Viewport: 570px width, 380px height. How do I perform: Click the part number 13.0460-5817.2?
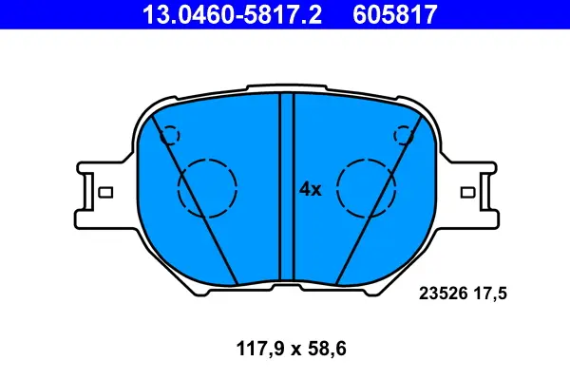click(232, 14)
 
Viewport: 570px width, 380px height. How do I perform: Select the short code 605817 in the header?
click(395, 14)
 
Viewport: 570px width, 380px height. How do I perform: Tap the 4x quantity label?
click(311, 189)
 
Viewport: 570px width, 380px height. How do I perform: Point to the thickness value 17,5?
click(489, 294)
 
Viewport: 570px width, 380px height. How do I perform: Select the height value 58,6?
click(327, 349)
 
